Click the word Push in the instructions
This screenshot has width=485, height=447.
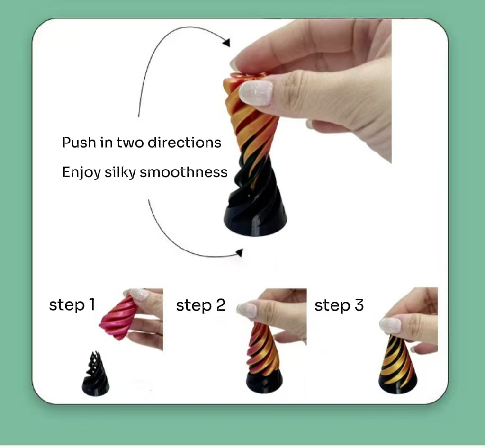(x=79, y=143)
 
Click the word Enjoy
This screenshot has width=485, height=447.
(x=81, y=172)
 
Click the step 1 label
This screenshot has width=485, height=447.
(x=72, y=305)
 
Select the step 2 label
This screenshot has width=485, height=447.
(x=200, y=305)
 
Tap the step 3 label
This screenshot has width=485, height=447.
(x=339, y=305)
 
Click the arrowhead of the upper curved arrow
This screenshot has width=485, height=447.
(x=227, y=42)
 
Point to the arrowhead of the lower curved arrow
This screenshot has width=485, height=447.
(x=239, y=252)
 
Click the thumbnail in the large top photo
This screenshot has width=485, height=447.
(x=256, y=92)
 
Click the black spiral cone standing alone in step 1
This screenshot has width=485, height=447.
(x=95, y=375)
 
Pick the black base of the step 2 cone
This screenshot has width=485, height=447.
(x=264, y=382)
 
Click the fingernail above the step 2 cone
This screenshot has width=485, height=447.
(x=247, y=311)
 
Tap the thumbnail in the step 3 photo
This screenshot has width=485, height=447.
(x=390, y=325)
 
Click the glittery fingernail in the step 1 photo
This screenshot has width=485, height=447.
(x=139, y=294)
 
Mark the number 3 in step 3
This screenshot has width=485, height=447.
(x=359, y=305)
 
